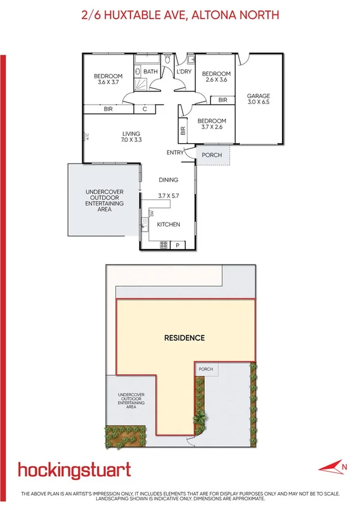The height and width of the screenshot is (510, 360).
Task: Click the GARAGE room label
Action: coord(259,96)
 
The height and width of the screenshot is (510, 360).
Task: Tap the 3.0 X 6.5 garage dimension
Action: coord(259,103)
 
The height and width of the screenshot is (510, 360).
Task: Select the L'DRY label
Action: coord(183,72)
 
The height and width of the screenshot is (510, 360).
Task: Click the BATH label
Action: coord(150,72)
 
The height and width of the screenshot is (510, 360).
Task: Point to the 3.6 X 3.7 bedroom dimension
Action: coord(108,82)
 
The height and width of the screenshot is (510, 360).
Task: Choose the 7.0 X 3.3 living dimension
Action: coord(131,140)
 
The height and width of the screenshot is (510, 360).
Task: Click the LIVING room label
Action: coord(131,134)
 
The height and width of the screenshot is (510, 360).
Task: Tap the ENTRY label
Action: coord(175,153)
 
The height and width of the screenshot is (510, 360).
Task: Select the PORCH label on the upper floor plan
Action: coord(212,155)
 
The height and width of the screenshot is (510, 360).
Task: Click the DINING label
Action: coord(169,180)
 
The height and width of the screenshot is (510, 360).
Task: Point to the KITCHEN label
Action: coord(168,224)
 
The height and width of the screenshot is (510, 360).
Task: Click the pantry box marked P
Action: coord(178,245)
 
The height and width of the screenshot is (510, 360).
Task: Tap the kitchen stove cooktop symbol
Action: coord(163,244)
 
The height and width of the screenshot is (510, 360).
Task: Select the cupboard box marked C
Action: coord(145,109)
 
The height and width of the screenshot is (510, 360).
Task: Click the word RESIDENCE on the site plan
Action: coord(185,338)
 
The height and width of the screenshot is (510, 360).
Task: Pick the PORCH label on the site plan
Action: coord(206,369)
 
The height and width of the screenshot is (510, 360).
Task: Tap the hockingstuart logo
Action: coord(75,469)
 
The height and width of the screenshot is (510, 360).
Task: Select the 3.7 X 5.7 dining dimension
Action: coord(169,195)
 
